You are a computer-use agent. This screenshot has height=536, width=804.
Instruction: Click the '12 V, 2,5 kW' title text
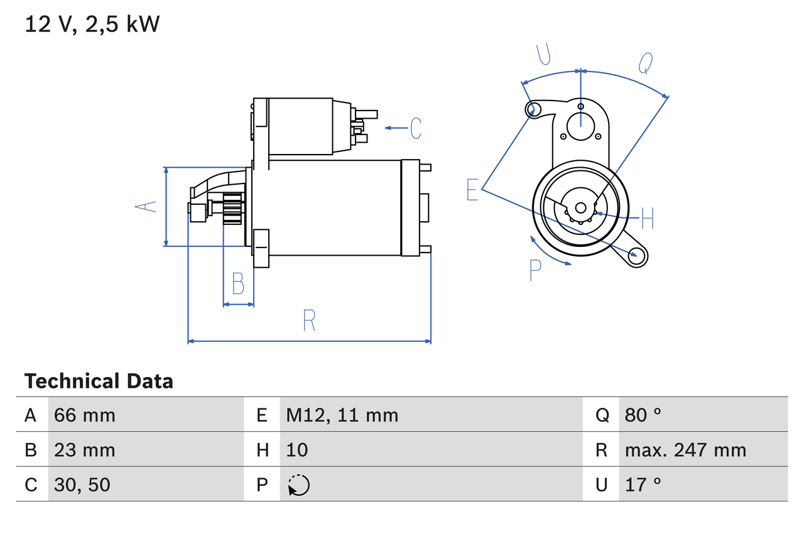point(92,24)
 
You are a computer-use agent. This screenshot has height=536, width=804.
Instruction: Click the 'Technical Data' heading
point(99,381)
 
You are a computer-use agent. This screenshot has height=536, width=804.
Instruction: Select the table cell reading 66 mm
point(85,415)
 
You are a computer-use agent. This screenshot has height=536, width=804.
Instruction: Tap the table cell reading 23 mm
point(85,450)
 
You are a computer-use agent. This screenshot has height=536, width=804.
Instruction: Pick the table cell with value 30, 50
point(82,484)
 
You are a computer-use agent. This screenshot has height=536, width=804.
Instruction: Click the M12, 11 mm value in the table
point(342,415)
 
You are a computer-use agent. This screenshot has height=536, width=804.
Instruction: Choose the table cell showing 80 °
point(643,415)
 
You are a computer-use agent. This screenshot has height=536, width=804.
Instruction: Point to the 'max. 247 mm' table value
point(685,450)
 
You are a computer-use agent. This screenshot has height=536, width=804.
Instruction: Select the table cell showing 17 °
point(643,484)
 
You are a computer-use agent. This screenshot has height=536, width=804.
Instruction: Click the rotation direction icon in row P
point(299,485)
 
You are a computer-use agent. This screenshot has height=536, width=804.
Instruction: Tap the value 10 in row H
point(297,450)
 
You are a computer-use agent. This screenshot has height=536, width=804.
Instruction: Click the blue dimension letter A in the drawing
point(147,206)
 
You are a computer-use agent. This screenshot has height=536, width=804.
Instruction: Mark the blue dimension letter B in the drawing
point(238,284)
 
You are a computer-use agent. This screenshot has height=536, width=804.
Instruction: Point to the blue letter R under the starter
point(308,320)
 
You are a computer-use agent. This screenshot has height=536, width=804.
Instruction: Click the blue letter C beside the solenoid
point(416,128)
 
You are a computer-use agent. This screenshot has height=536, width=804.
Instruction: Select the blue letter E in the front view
point(473,189)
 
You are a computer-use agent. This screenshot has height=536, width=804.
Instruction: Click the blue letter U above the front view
point(544,55)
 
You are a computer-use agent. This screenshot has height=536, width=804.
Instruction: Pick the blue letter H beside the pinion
point(648,219)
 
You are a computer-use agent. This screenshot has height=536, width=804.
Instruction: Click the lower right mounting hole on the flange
point(638,254)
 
